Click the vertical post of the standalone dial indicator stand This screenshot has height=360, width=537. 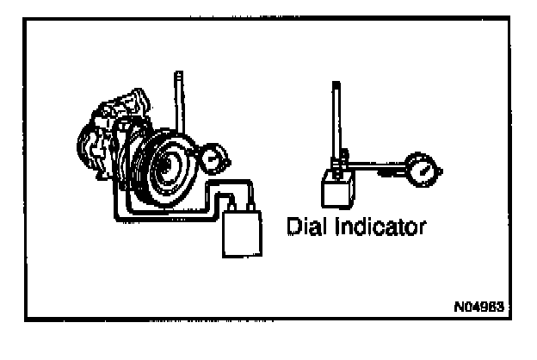coord(336,121)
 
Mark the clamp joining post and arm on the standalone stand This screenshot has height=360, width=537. coord(342,157)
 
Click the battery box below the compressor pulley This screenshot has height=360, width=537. coord(241,233)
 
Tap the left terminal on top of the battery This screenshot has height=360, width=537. coord(231,203)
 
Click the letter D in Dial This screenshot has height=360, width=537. coord(292,228)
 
